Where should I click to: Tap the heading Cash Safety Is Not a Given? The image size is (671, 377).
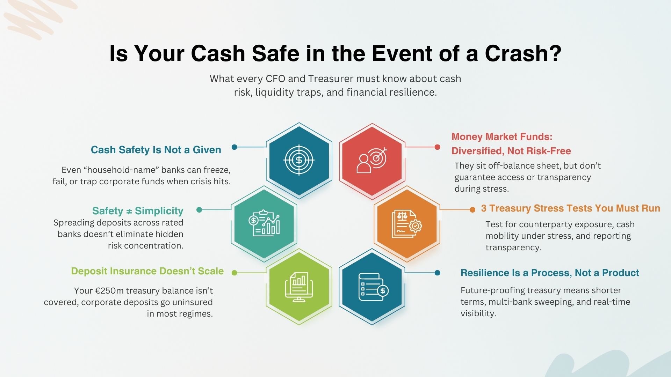(156, 150)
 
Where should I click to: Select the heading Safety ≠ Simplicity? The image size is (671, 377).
(138, 211)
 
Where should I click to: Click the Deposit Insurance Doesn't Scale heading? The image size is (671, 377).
(147, 271)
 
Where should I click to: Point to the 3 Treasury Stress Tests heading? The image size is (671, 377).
(570, 208)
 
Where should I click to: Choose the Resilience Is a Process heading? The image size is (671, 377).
(549, 273)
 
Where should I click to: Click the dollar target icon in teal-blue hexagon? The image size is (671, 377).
(299, 160)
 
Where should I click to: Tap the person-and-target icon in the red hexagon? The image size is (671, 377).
(372, 160)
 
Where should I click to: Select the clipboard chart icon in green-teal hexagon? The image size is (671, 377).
(264, 223)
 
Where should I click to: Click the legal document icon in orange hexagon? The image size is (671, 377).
(406, 224)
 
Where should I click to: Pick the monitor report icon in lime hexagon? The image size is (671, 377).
(299, 287)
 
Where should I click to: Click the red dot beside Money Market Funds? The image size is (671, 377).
(437, 147)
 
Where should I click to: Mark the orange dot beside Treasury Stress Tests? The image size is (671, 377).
(472, 209)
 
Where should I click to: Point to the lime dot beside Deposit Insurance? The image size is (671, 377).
(234, 273)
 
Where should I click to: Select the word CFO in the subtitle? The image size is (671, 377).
(275, 79)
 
